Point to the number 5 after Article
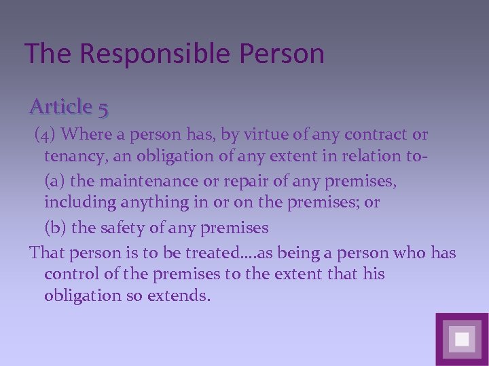(103, 107)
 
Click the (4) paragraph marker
(46, 135)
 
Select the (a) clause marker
(56, 182)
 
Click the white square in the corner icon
(462, 339)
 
